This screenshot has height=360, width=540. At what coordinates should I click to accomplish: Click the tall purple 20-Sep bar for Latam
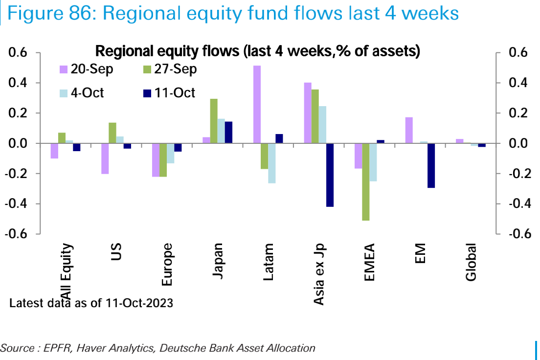[x=257, y=104]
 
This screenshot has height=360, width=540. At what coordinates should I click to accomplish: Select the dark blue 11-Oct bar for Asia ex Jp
[x=330, y=175]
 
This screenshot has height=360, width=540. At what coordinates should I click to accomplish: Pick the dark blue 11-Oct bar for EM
[x=431, y=166]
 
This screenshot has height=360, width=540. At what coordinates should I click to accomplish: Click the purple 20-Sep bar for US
[x=105, y=158]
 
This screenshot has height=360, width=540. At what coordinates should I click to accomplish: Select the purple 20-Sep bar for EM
[x=409, y=130]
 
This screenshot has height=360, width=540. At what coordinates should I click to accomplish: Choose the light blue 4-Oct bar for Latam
[x=271, y=163]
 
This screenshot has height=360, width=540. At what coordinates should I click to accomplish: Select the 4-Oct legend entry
[x=81, y=92]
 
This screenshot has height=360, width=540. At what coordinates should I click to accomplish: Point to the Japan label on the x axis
[x=219, y=261]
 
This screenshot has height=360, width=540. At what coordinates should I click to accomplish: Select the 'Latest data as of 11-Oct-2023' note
[x=91, y=303]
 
